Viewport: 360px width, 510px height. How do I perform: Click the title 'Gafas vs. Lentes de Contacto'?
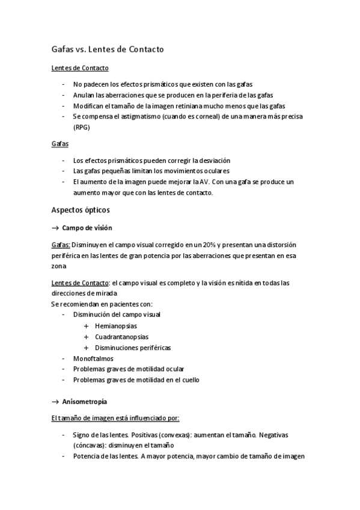coord(108,49)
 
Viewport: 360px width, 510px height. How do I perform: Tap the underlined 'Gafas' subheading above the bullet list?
coord(60,144)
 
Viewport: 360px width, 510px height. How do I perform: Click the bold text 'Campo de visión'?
coord(87,228)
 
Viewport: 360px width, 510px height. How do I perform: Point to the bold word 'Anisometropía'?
coord(85,401)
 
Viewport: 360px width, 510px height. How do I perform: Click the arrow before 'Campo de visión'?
coord(55,228)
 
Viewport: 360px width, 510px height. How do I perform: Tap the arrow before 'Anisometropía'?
coord(55,401)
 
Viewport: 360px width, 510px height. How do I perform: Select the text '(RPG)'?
coord(81,127)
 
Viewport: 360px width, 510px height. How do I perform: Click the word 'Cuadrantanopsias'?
coord(121,337)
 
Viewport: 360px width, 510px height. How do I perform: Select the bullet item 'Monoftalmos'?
coord(93,358)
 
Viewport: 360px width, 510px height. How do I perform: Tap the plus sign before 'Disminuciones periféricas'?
coord(87,348)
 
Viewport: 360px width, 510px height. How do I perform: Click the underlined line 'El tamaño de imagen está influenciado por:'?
coord(115,417)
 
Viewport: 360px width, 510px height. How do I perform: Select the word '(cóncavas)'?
coord(89,445)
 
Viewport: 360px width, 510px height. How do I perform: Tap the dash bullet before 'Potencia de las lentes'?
coord(64,456)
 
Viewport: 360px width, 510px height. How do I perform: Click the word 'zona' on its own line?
coord(59,266)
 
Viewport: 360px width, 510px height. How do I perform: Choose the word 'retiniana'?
coord(188,105)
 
